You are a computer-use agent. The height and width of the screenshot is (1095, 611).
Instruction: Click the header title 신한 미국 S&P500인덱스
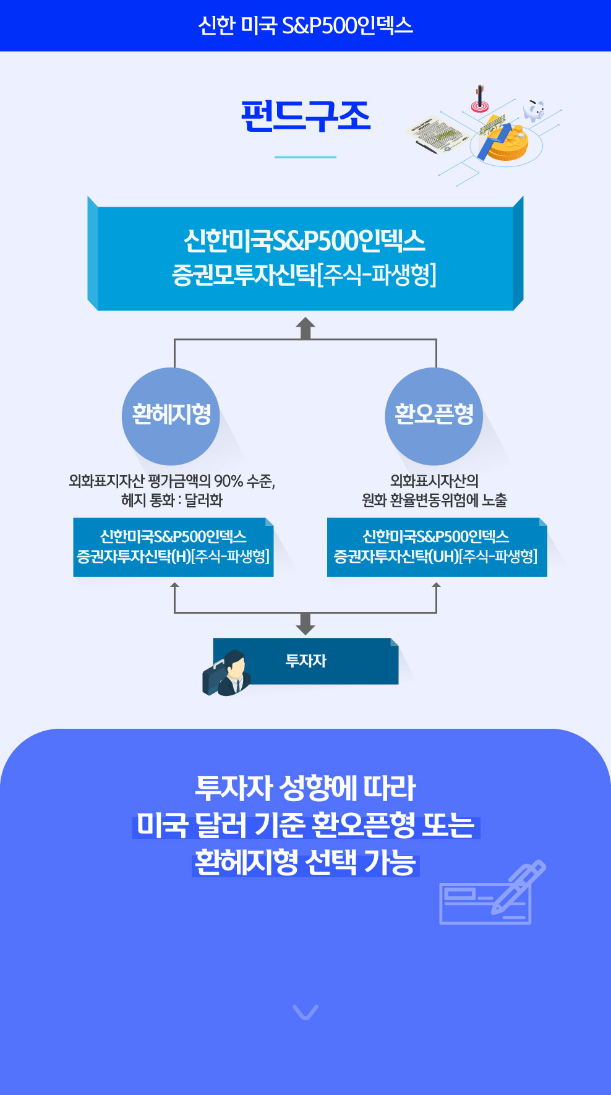pyautogui.click(x=305, y=25)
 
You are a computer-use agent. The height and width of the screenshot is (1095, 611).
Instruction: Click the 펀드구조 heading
pyautogui.click(x=305, y=116)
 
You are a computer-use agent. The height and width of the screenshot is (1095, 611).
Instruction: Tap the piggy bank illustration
pyautogui.click(x=533, y=110)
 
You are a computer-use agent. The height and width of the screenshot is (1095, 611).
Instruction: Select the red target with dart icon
pyautogui.click(x=479, y=100)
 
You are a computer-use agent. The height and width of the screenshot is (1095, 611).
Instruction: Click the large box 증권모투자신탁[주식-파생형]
pyautogui.click(x=305, y=257)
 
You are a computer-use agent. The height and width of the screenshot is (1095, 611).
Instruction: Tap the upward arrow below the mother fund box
pyautogui.click(x=305, y=328)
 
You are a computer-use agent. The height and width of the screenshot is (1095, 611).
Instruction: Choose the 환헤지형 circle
pyautogui.click(x=171, y=415)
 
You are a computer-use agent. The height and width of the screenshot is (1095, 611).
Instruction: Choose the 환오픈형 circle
pyautogui.click(x=434, y=415)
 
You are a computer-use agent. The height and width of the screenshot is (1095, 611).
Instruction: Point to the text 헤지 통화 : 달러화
pyautogui.click(x=172, y=500)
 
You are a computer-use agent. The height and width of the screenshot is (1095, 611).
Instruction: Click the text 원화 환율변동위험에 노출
pyautogui.click(x=434, y=500)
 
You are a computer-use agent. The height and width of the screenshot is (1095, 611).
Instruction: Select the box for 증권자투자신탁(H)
pyautogui.click(x=173, y=547)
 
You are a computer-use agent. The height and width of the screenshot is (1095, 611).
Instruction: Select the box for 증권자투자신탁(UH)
pyautogui.click(x=436, y=547)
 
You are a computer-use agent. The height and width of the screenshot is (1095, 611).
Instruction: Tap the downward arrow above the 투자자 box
pyautogui.click(x=305, y=624)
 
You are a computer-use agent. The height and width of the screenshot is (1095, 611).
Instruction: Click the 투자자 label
pyautogui.click(x=306, y=661)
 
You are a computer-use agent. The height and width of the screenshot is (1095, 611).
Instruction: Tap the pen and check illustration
pyautogui.click(x=491, y=894)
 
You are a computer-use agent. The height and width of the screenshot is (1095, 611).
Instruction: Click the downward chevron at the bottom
pyautogui.click(x=305, y=1012)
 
